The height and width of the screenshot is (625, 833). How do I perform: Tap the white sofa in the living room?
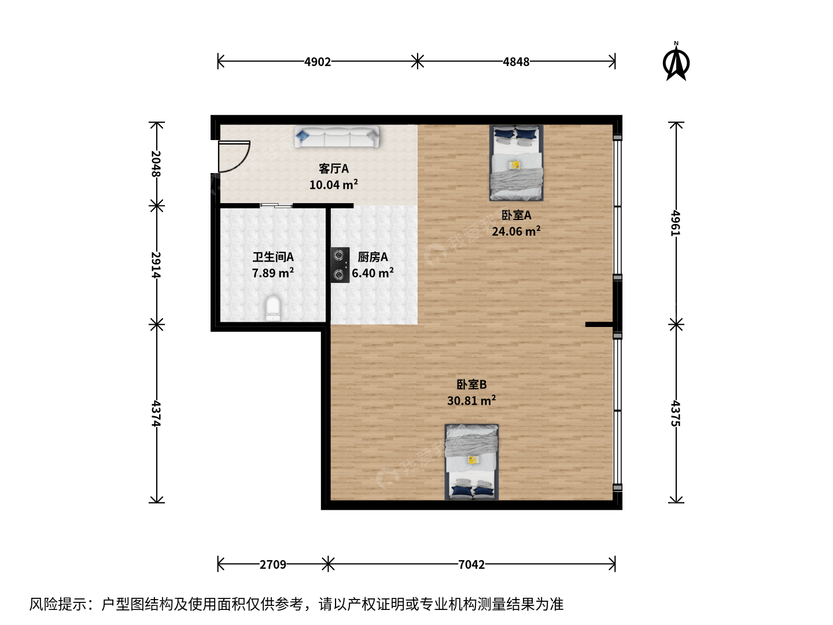click(x=337, y=136)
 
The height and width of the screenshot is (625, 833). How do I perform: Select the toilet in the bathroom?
click(x=273, y=308)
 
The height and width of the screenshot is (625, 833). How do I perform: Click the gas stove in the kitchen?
click(x=340, y=265)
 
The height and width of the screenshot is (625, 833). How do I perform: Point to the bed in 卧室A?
click(x=516, y=163)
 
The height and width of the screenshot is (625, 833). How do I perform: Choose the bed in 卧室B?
click(x=471, y=462)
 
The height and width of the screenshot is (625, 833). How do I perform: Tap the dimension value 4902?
click(x=317, y=61)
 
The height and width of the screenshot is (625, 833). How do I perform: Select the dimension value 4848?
click(x=516, y=61)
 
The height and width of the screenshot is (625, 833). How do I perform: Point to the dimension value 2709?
click(x=272, y=564)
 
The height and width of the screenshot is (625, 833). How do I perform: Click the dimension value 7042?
click(x=471, y=564)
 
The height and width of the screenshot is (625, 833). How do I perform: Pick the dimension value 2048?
click(x=156, y=164)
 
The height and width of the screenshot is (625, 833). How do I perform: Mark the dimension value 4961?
click(x=676, y=223)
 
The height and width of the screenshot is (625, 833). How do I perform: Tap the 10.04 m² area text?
click(x=333, y=185)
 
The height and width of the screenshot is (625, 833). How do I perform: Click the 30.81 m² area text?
click(x=471, y=400)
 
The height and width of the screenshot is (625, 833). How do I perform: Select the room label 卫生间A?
click(x=273, y=257)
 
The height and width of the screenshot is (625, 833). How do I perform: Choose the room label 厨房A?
click(x=373, y=257)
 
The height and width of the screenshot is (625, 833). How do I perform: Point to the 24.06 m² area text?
click(x=516, y=231)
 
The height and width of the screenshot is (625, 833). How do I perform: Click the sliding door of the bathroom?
click(x=277, y=205)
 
